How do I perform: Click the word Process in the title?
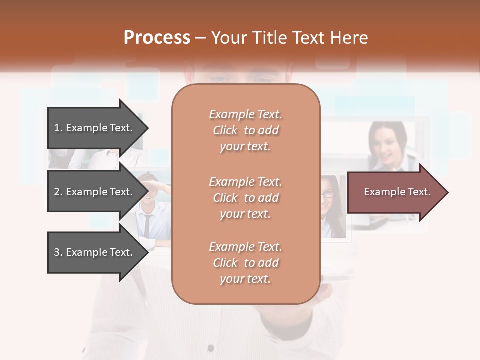[157, 38]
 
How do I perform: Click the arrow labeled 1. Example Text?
[97, 128]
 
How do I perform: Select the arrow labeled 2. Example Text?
[97, 192]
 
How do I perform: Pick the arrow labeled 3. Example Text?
[97, 252]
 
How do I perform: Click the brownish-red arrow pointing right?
[397, 192]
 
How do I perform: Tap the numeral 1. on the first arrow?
[58, 128]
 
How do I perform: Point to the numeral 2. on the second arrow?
[58, 192]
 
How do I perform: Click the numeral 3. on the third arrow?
[58, 252]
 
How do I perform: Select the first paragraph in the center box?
[245, 130]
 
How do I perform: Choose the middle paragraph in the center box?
[245, 198]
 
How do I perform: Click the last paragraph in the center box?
[245, 263]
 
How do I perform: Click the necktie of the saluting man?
[147, 225]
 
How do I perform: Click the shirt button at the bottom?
[211, 348]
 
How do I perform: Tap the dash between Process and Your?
[201, 38]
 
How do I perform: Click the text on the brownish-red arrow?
[397, 192]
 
